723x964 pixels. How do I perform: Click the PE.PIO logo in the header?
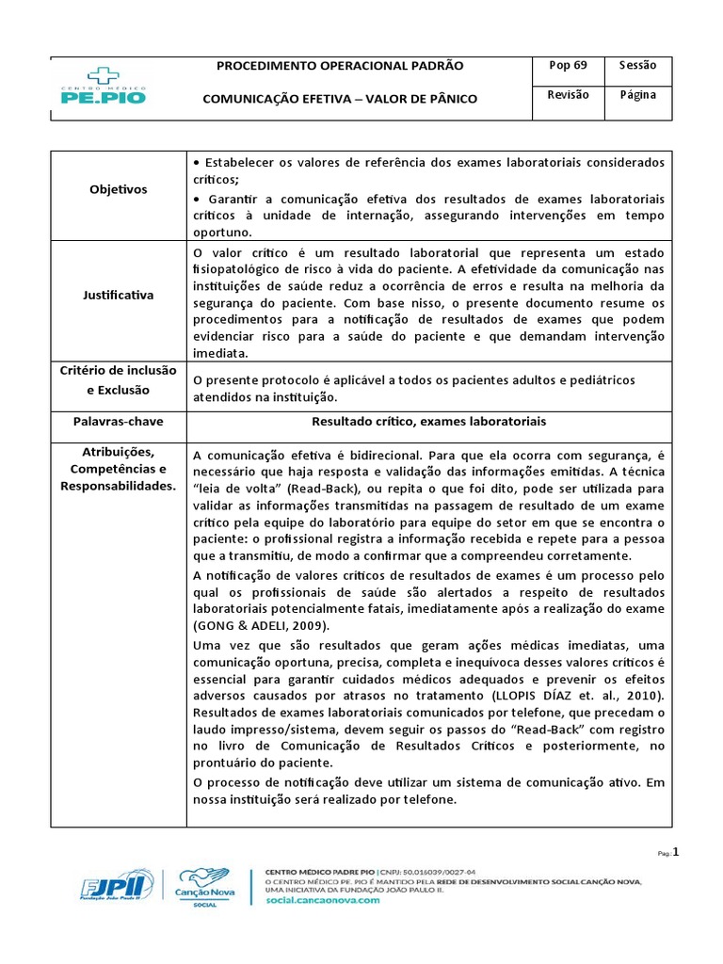point(104,86)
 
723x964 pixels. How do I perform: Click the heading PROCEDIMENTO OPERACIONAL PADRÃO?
point(340,66)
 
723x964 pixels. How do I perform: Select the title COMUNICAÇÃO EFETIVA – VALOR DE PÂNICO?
point(340,99)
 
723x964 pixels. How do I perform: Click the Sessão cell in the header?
point(638,66)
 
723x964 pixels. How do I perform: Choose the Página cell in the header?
point(638,95)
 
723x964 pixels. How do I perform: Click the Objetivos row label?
point(118,189)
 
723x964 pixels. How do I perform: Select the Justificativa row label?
point(118,295)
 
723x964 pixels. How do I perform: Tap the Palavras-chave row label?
point(118,421)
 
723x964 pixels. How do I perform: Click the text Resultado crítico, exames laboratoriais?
point(428,421)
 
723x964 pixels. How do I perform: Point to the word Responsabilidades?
point(118,486)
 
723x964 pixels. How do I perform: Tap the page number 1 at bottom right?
point(675,852)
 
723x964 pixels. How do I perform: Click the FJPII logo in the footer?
point(114,887)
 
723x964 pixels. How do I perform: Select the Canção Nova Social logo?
point(201,887)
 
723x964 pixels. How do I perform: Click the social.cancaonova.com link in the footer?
point(323,900)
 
